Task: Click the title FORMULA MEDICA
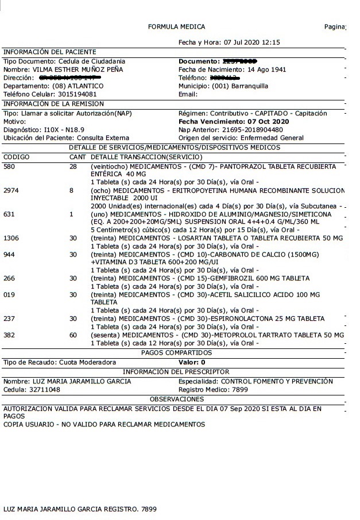pos(176,27)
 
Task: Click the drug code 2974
pos(11,190)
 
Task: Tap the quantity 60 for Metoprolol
pos(73,335)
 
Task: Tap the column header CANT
pos(78,157)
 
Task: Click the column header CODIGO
pos(16,157)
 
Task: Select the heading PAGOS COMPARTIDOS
pos(176,353)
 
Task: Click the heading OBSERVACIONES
pos(176,399)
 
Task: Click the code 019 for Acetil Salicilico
pos(9,294)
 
